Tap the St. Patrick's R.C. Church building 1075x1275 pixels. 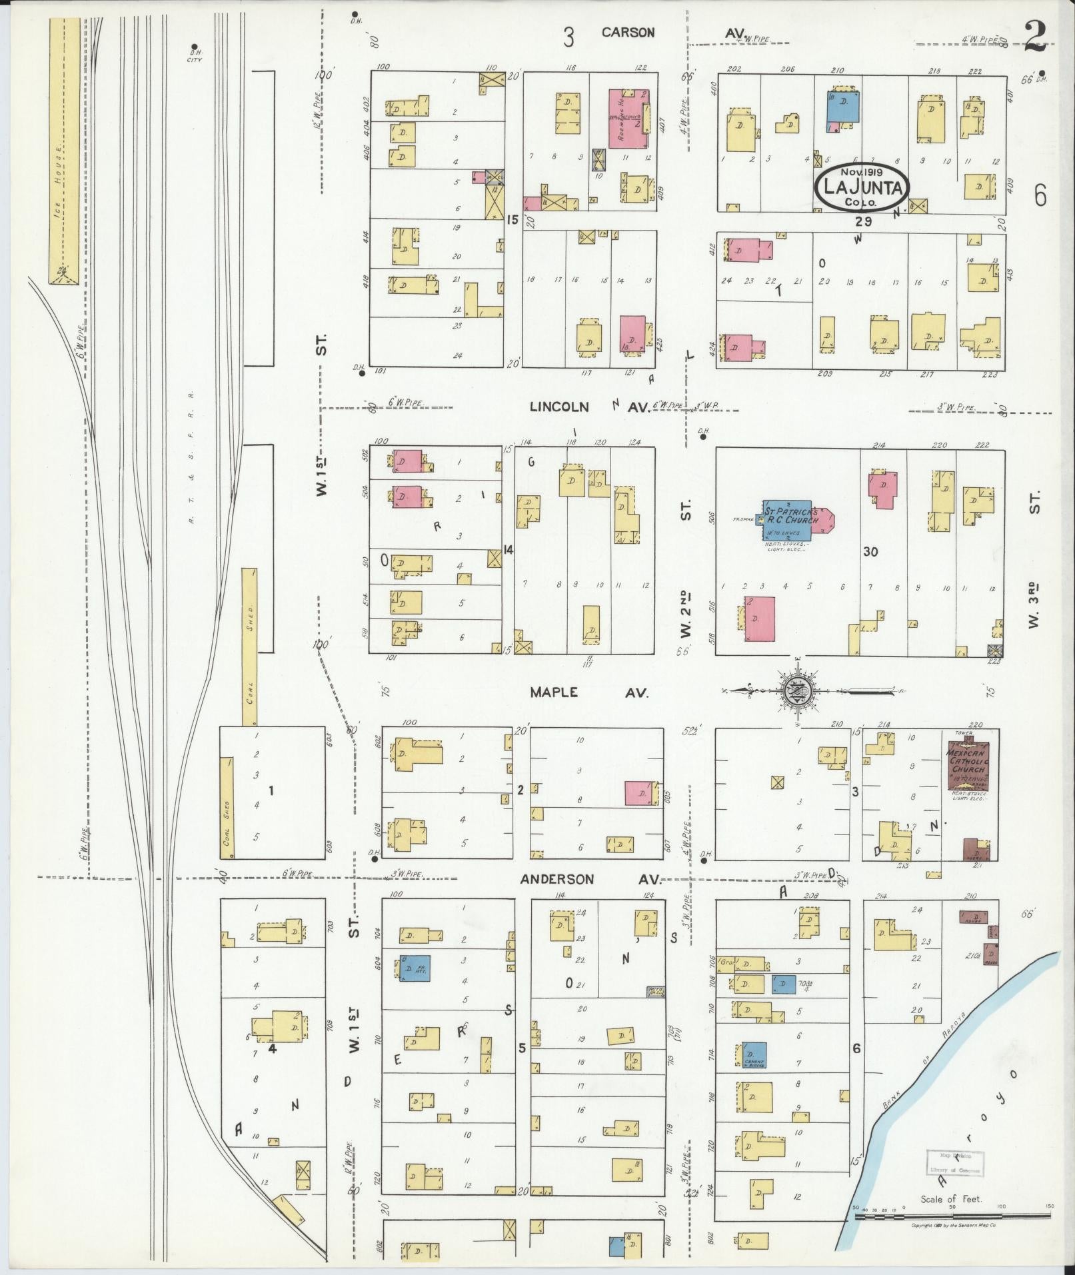tap(790, 521)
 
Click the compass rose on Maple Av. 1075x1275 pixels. tap(796, 690)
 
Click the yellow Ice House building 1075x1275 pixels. tap(64, 150)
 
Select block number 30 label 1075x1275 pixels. tap(870, 551)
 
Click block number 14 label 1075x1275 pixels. tap(509, 550)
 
